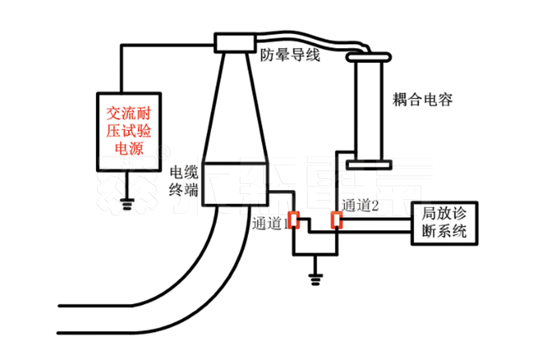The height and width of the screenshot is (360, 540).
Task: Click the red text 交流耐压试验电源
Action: coord(129,131)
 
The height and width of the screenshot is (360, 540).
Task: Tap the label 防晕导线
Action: coord(291,56)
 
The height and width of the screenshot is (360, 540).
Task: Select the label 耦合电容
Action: coord(422,100)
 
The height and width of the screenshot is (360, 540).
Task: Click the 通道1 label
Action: coord(269,223)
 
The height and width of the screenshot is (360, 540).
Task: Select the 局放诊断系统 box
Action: coord(445,223)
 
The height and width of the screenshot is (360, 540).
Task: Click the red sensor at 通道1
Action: coord(294,220)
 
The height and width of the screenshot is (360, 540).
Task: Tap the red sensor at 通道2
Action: coord(336,220)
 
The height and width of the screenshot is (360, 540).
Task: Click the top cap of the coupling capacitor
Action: coord(368,57)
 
